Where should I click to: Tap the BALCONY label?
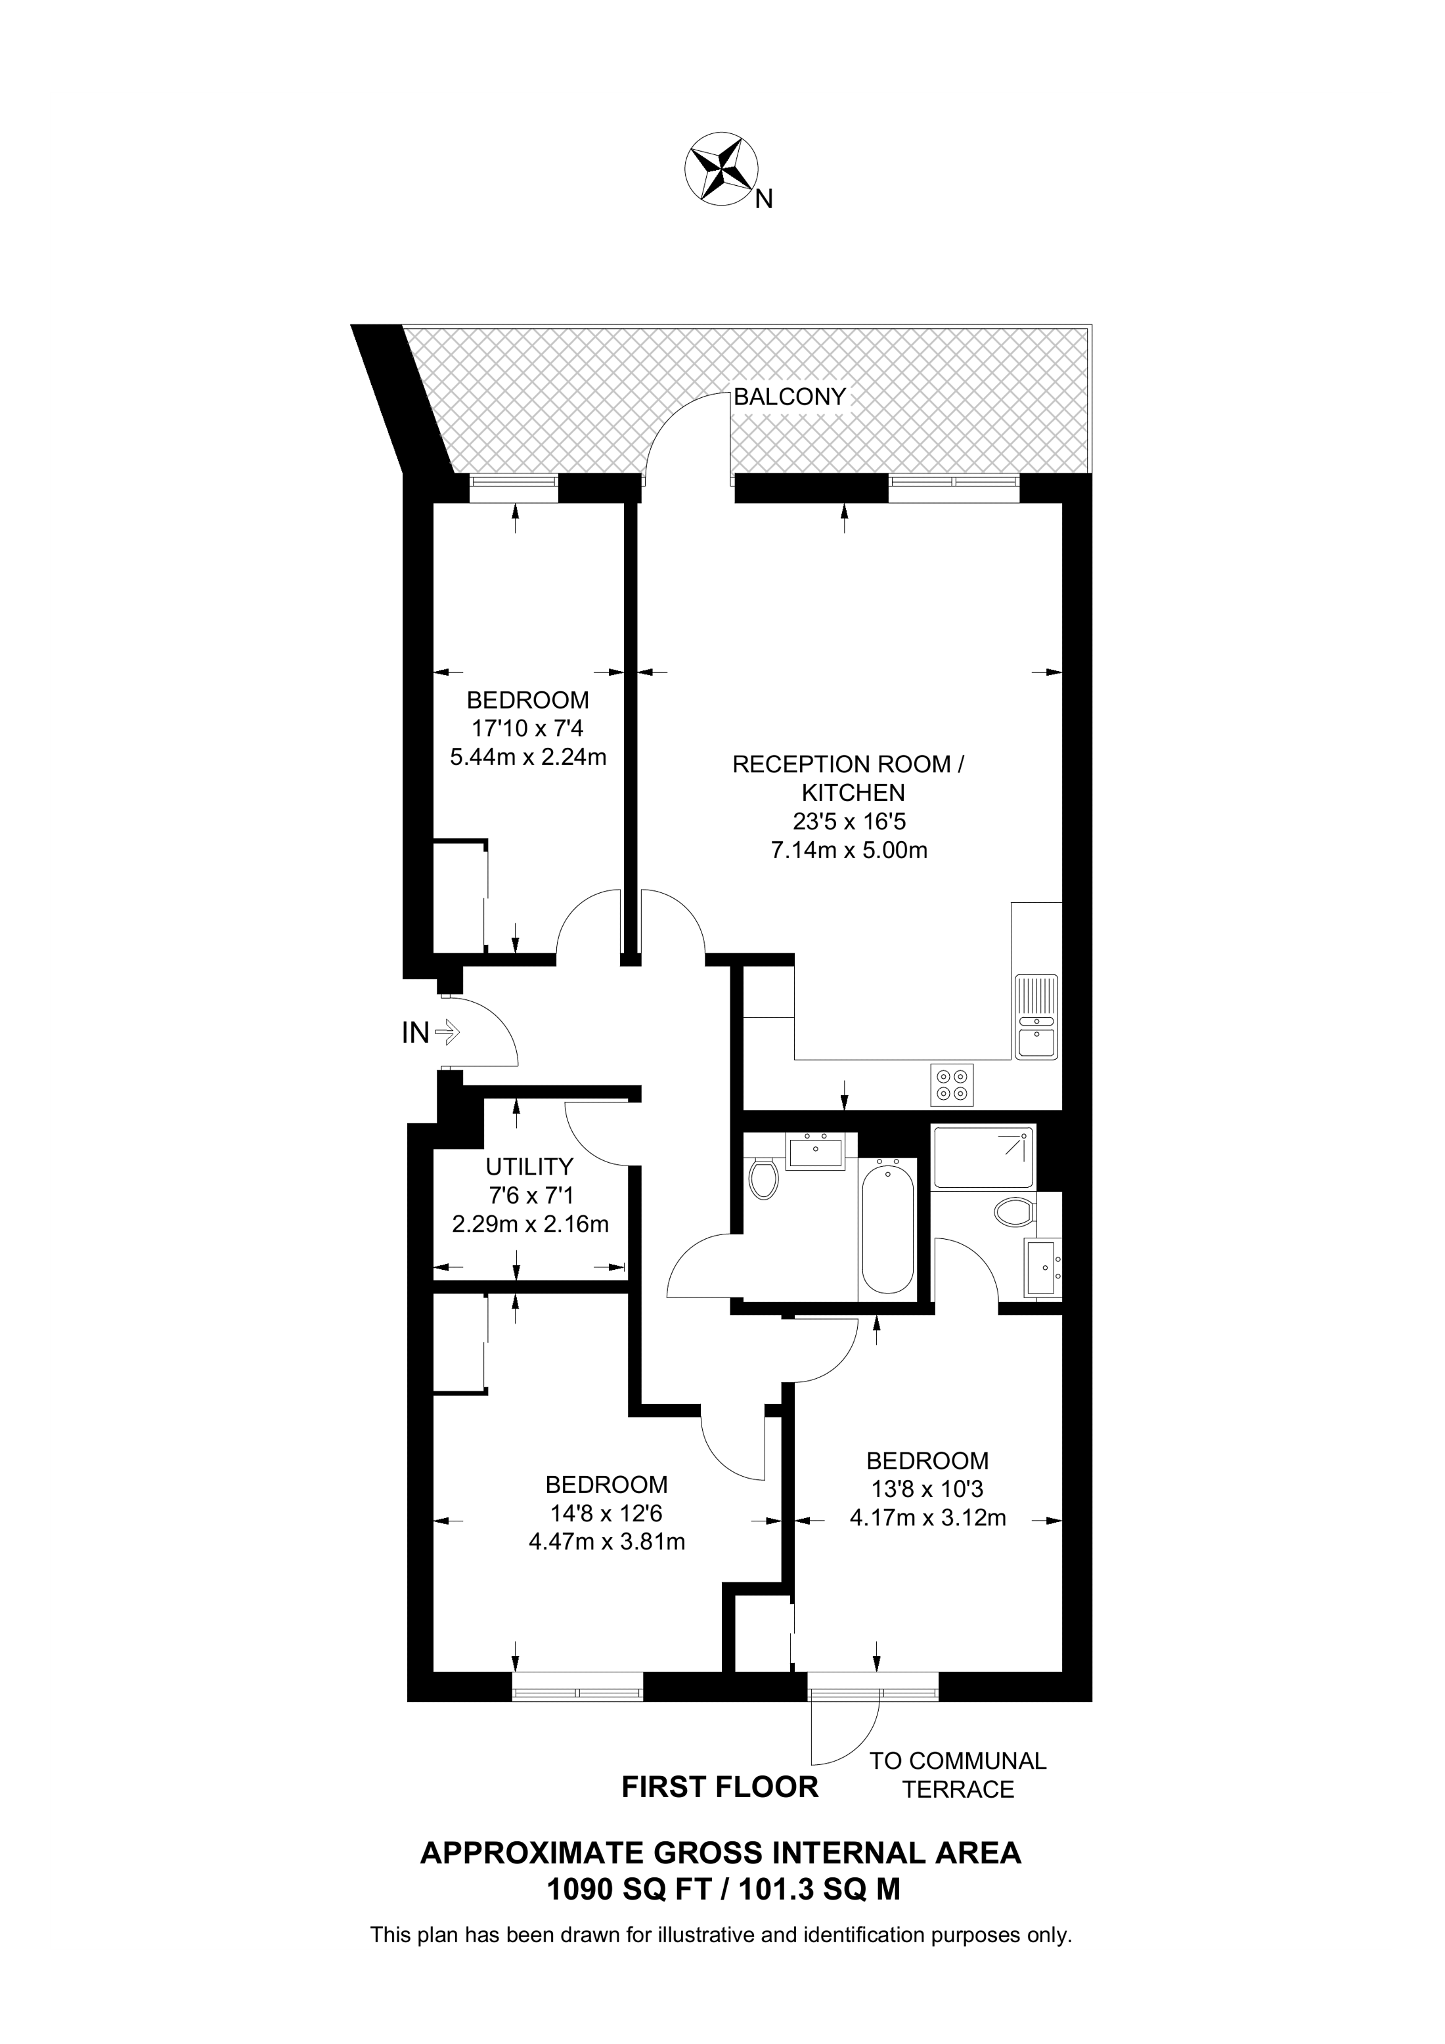[789, 397]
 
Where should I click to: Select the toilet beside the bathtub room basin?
[763, 1179]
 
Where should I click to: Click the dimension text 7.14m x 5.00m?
[849, 850]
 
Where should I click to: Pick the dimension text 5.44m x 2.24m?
[528, 758]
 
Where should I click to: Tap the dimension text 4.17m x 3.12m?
[927, 1518]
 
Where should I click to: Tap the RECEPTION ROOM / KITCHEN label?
[849, 778]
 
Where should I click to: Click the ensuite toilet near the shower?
[1014, 1211]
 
